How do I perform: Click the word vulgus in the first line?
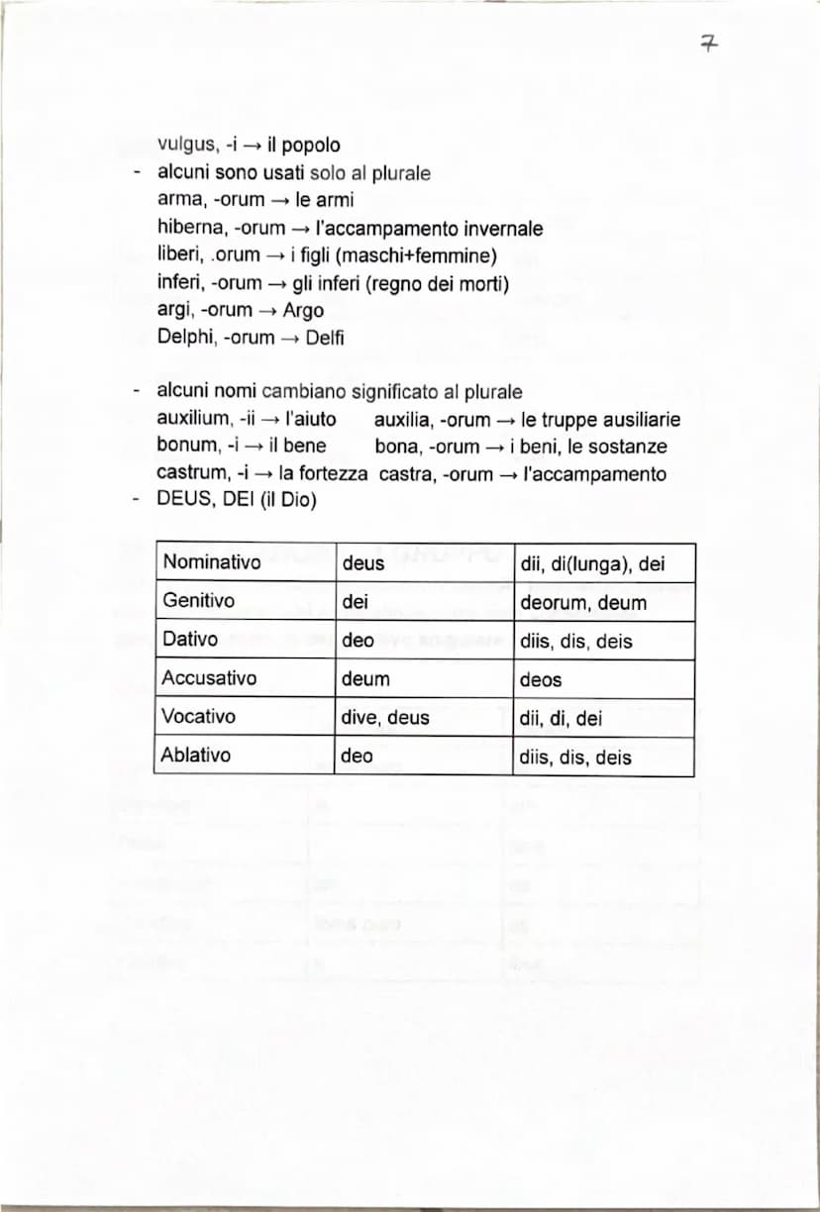181,146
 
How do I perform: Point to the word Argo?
303,310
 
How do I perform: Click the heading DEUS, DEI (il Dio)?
237,500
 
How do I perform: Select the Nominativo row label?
212,562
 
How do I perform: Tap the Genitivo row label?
199,601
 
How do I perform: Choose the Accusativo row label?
210,678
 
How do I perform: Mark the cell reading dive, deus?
385,718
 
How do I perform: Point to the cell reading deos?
541,679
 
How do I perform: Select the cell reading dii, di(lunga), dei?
592,564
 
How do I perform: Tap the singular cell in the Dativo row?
358,641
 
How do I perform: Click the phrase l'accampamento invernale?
429,229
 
